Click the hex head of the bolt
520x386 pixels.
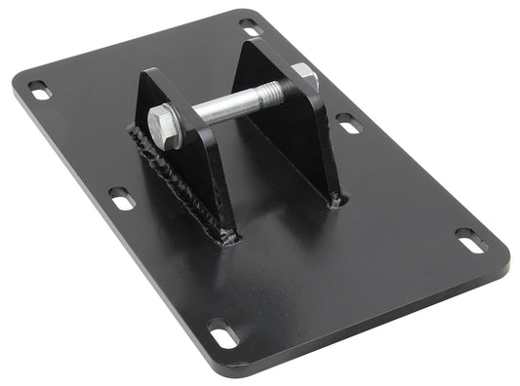(x=165, y=128)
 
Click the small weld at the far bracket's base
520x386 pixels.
(x=336, y=200)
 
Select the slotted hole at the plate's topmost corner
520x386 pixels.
(x=250, y=22)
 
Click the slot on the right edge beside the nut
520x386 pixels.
(x=347, y=123)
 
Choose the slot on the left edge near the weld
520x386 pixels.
(x=121, y=197)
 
